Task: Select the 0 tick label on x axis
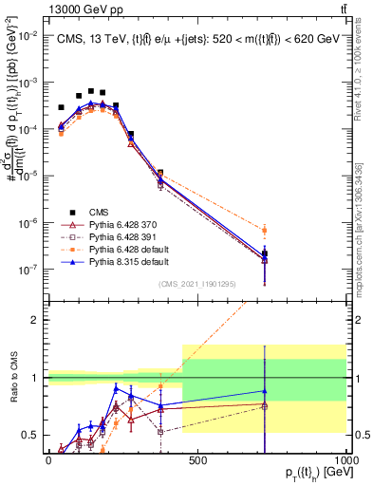[x=47, y=459]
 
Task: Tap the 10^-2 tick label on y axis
[x=31, y=35]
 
